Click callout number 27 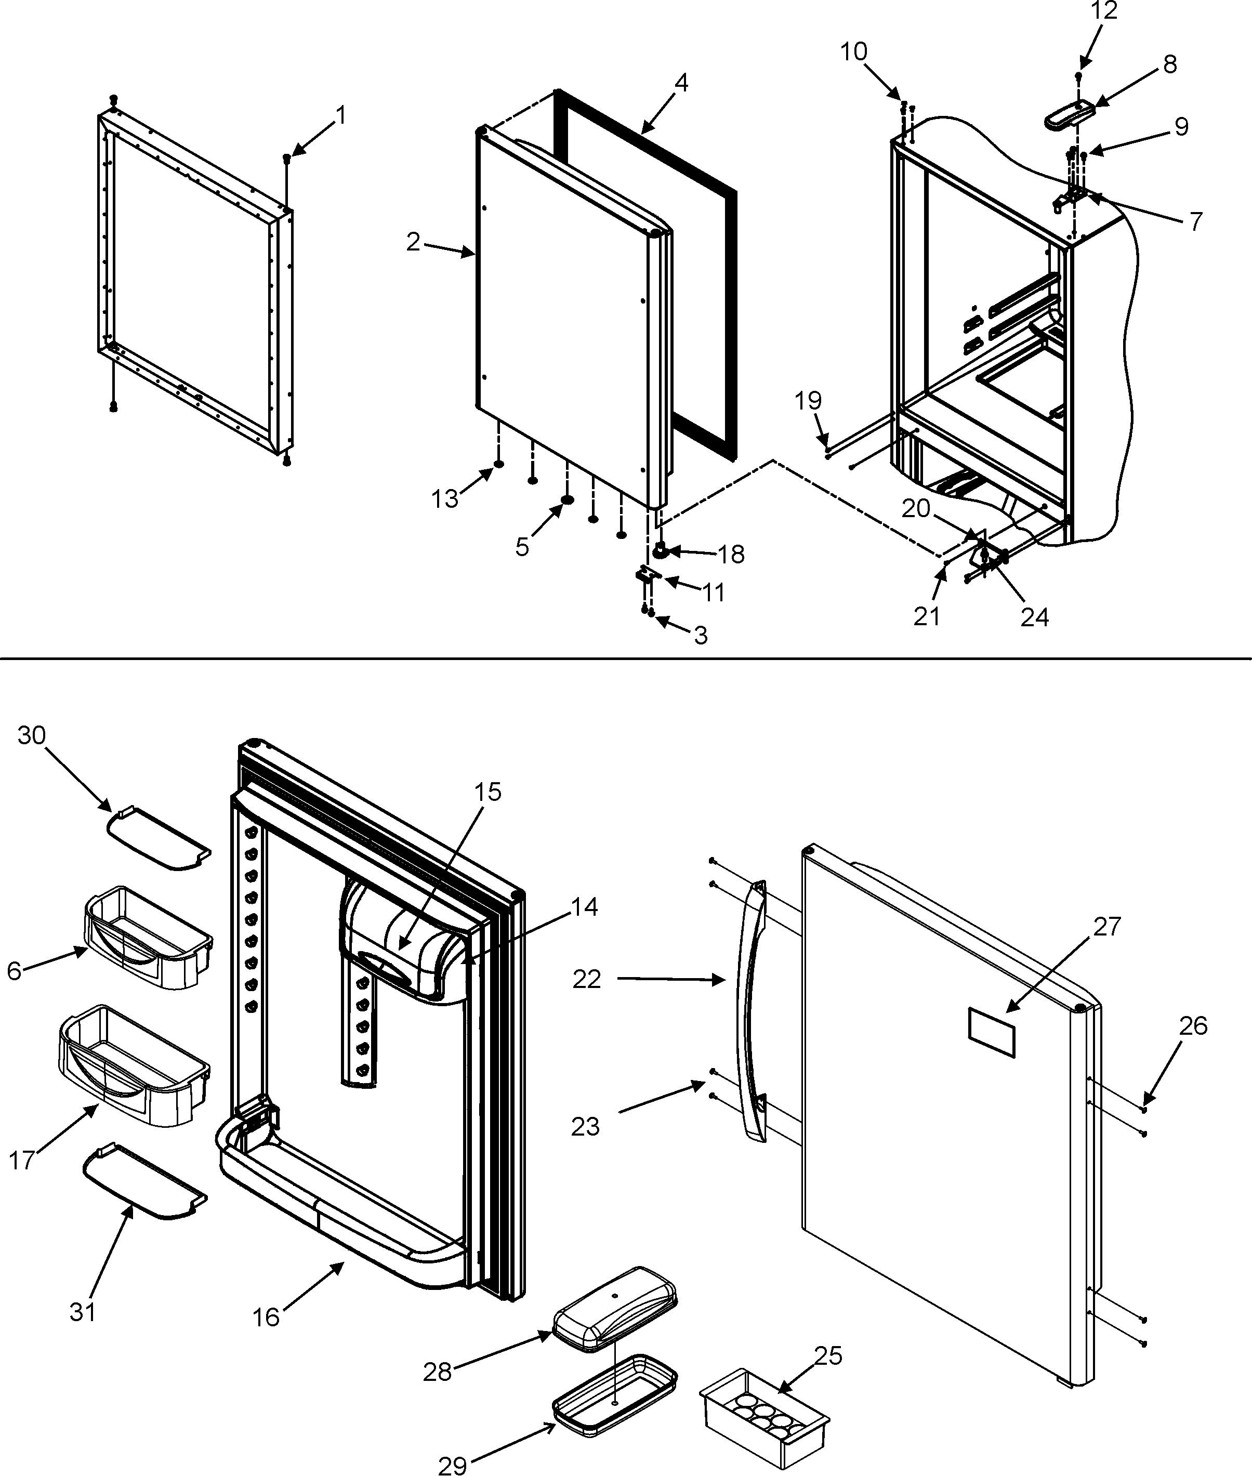(1106, 926)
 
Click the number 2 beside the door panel (414, 242)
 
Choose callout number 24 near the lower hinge (1034, 617)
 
